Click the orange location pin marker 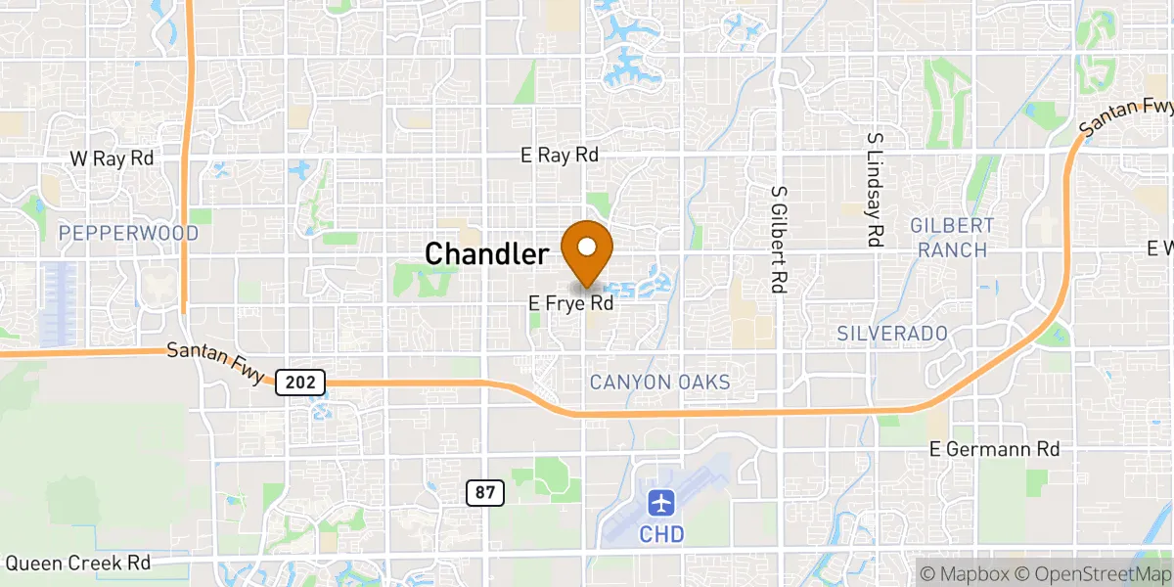(587, 250)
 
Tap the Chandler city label (486, 254)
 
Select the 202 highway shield (300, 383)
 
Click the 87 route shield (485, 493)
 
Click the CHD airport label (662, 534)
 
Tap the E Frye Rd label (571, 304)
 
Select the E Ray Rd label (560, 156)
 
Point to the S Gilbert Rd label (779, 240)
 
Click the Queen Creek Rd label (78, 564)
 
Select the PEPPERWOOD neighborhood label (128, 233)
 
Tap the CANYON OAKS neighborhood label (659, 382)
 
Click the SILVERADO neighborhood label (892, 334)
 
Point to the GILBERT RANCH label (952, 238)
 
